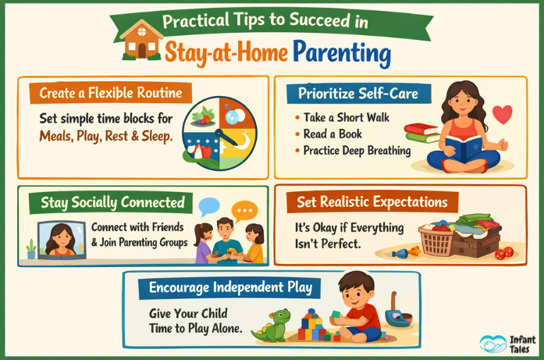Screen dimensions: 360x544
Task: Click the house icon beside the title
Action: pyautogui.click(x=142, y=41)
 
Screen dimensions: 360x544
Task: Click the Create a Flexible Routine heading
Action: pyautogui.click(x=111, y=93)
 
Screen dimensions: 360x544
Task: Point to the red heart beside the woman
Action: pyautogui.click(x=503, y=116)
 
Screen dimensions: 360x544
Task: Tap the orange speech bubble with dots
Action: pyautogui.click(x=245, y=211)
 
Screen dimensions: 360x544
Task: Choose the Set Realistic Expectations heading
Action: pyautogui.click(x=372, y=202)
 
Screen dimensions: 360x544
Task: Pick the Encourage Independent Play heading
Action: pyautogui.click(x=230, y=288)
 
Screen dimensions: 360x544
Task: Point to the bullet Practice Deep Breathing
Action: pyautogui.click(x=356, y=150)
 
